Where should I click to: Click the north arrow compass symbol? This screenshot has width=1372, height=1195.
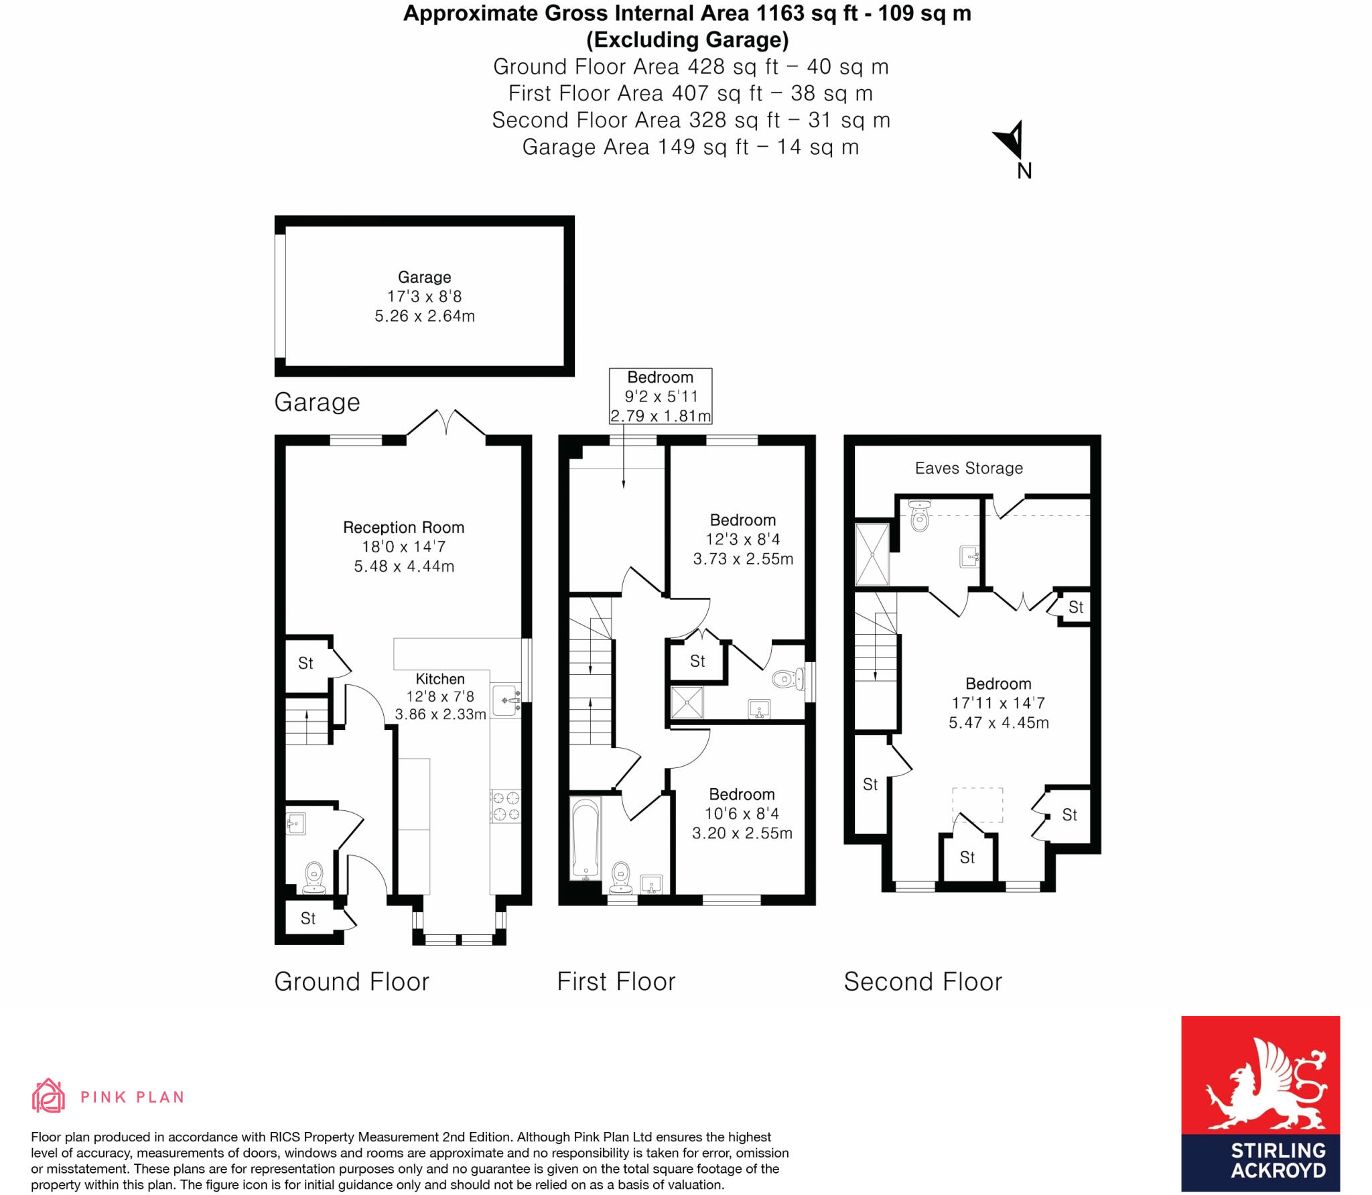[x=1010, y=141]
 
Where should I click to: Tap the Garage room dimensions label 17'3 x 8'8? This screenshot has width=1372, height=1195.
[x=424, y=296]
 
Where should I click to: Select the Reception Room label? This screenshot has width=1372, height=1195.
[x=403, y=527]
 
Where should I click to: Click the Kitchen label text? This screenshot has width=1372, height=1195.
[x=440, y=679]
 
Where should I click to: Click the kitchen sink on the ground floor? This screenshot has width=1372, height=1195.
[x=506, y=700]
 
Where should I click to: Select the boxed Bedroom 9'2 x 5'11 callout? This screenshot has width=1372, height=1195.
[x=660, y=396]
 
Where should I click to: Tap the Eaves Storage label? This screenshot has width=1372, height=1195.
[x=969, y=468]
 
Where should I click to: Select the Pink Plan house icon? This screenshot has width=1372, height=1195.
[x=48, y=1096]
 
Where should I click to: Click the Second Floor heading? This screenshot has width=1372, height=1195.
[x=922, y=982]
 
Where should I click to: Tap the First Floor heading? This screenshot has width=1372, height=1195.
[x=616, y=982]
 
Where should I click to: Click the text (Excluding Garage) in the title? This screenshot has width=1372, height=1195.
[x=687, y=40]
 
